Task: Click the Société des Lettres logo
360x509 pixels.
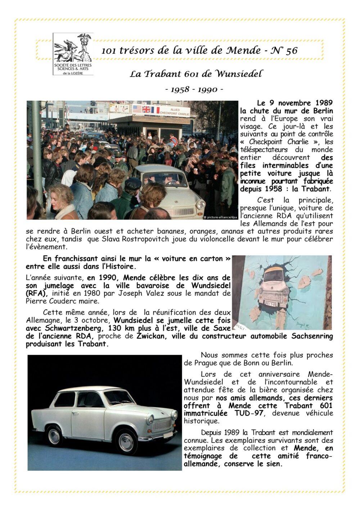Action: coord(73,54)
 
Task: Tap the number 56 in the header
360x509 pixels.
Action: coord(292,51)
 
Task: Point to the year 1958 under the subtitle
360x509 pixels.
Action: coord(180,90)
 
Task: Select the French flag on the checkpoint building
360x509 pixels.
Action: coord(156,109)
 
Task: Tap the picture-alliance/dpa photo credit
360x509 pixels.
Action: coord(220,217)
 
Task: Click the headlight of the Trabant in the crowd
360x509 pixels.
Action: coord(200,204)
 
